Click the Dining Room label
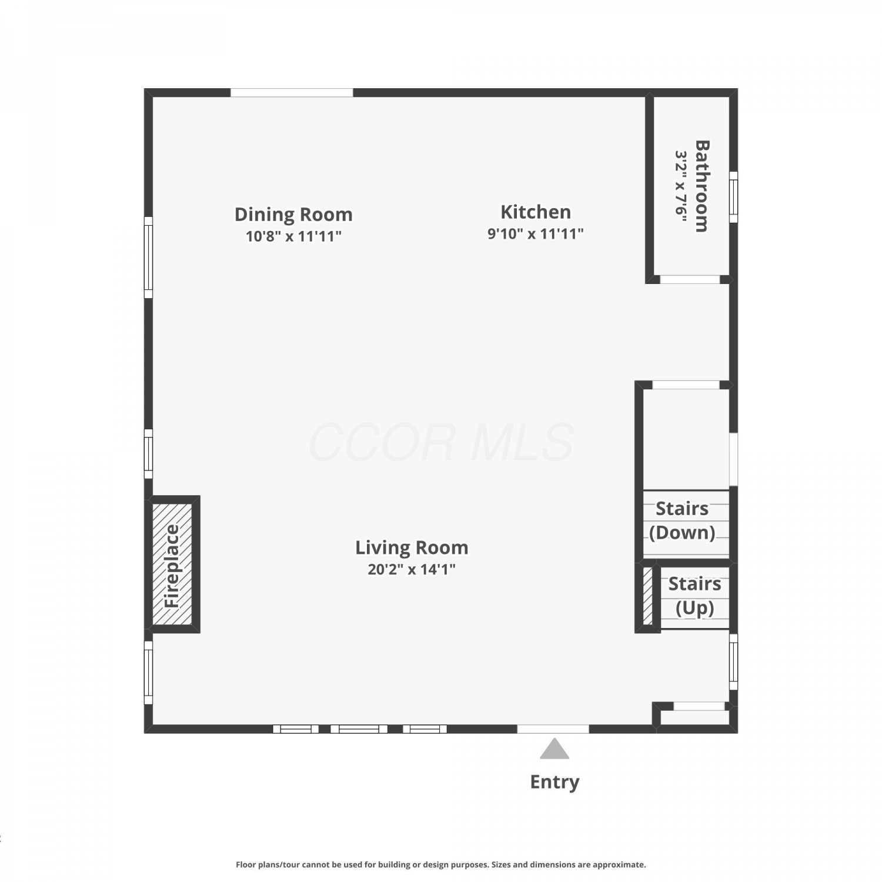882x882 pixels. [293, 215]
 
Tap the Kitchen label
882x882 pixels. [536, 212]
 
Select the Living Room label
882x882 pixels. [412, 548]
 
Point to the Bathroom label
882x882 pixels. [702, 186]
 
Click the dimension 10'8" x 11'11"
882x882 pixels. [293, 236]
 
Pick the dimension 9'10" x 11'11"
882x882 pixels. [536, 233]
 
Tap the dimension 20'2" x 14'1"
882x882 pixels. [412, 569]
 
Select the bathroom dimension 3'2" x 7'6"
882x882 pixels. [681, 186]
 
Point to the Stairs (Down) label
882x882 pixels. [682, 520]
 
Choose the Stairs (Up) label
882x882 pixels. [694, 596]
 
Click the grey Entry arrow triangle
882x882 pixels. [554, 749]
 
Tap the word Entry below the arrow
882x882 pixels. [554, 782]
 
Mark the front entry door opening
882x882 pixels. [553, 729]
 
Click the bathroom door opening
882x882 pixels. [690, 279]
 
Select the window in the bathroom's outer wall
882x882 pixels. [733, 197]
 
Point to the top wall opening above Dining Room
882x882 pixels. [292, 93]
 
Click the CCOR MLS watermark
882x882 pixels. [441, 442]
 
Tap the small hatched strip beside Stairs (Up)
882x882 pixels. [648, 596]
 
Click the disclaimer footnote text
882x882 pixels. [441, 864]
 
